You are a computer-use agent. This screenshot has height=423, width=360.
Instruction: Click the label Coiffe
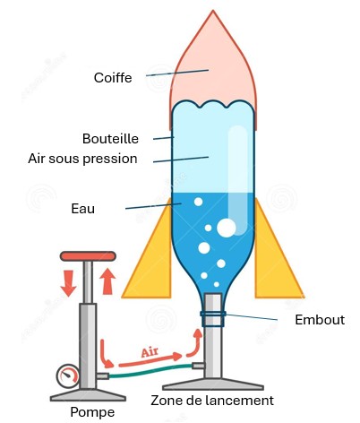(113, 78)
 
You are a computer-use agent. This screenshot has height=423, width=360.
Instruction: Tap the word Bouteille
(110, 139)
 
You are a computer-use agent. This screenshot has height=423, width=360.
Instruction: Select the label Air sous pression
(82, 159)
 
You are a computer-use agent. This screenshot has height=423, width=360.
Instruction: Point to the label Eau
(83, 209)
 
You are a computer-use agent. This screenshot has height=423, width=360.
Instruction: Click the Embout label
(320, 320)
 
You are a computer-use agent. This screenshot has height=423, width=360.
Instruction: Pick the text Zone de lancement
(212, 401)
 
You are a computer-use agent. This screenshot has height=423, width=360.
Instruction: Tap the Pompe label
(92, 412)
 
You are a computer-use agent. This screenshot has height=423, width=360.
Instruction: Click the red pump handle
(88, 256)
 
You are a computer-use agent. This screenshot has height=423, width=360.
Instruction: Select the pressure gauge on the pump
(68, 376)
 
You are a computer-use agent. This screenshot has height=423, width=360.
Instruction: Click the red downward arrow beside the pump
(68, 283)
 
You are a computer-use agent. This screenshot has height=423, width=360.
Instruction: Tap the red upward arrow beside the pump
(107, 281)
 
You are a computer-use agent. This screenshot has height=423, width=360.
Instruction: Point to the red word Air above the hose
(150, 352)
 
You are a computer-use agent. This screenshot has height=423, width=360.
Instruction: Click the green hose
(150, 371)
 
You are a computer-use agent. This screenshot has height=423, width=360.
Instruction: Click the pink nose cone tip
(213, 11)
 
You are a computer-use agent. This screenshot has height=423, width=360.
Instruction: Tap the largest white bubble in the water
(227, 228)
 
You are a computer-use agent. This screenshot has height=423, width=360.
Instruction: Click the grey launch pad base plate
(213, 384)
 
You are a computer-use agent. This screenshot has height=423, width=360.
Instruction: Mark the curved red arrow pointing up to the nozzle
(195, 342)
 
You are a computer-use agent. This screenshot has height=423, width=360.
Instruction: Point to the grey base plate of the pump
(88, 395)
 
